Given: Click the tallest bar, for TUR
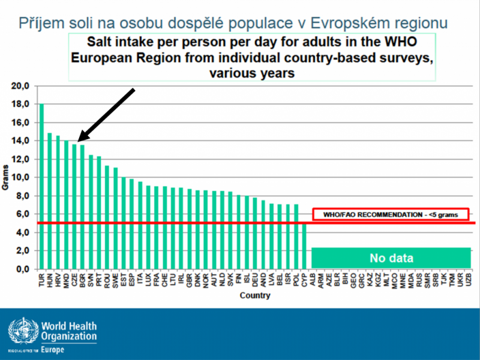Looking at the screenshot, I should (x=41, y=186).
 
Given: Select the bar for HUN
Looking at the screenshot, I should (x=50, y=201).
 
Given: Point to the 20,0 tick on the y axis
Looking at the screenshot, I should (x=21, y=86).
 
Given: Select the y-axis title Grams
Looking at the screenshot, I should (x=5, y=178).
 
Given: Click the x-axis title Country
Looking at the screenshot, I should (x=254, y=296).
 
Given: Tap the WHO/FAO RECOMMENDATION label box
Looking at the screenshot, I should (x=391, y=214).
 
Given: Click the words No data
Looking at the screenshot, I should (x=391, y=259).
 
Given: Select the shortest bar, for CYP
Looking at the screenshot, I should (x=304, y=246).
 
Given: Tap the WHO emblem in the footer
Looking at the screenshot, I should (x=22, y=332).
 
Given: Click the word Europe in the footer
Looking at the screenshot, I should (x=55, y=349).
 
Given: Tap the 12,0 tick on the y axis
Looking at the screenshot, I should (x=21, y=159).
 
